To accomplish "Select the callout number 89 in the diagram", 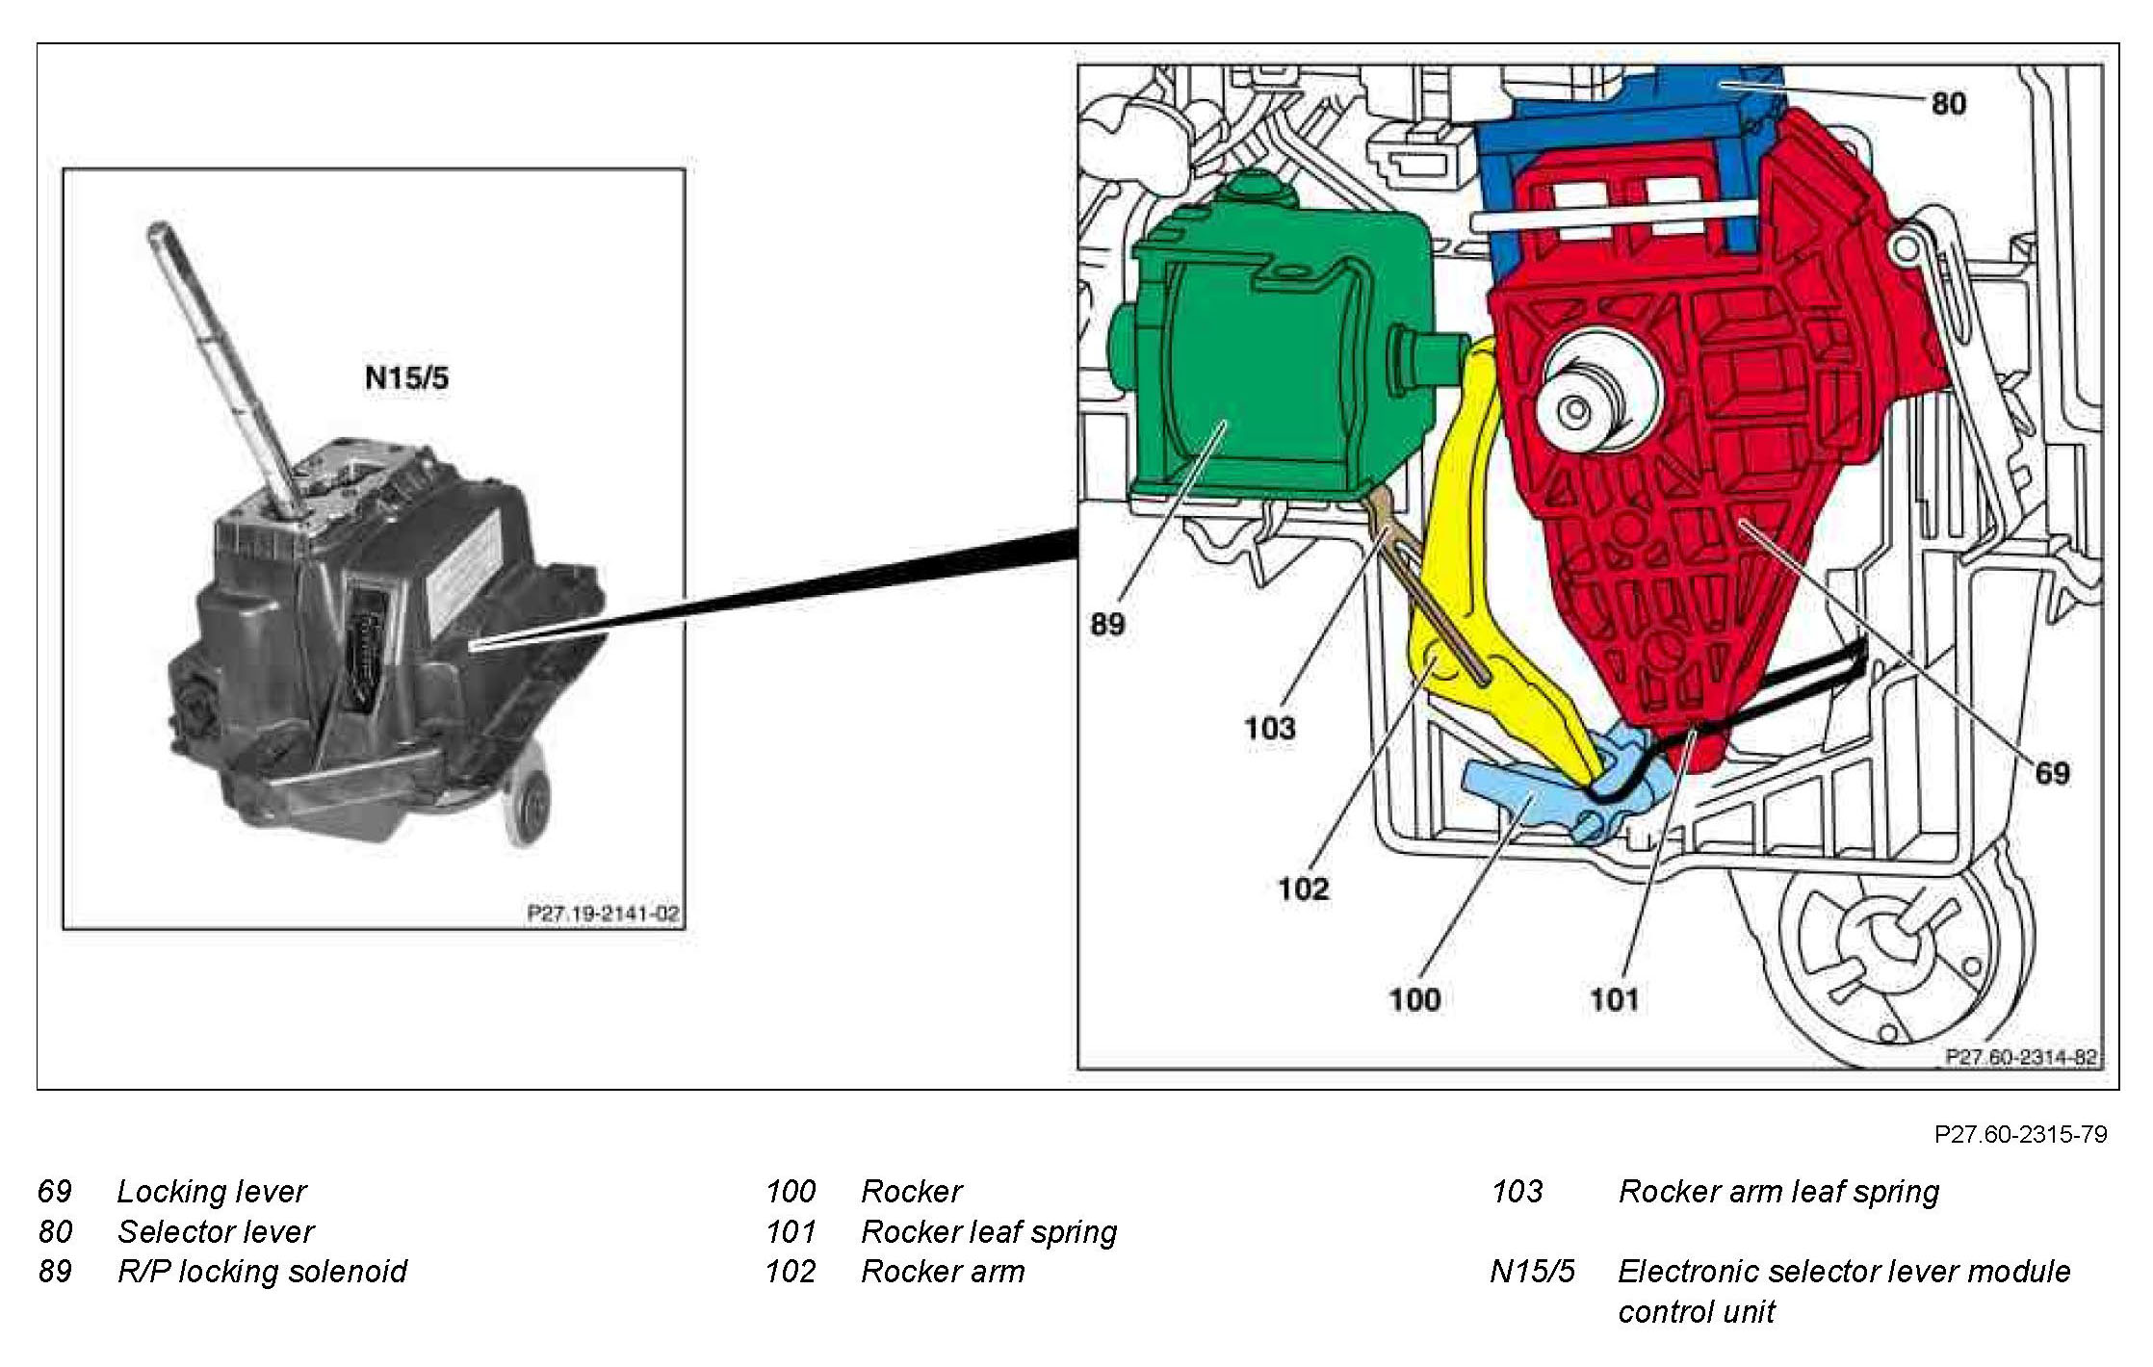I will tap(1107, 624).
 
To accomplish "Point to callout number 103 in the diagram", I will tap(1269, 728).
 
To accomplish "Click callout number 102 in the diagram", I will tap(1303, 888).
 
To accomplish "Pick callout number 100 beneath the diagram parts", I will tap(1414, 999).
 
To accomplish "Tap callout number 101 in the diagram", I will tap(1614, 999).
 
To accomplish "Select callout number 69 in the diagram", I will tap(2052, 772).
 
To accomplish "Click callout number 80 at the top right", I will tap(1948, 103).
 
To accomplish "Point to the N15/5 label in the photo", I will tap(406, 377).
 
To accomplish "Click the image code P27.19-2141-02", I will tap(603, 913).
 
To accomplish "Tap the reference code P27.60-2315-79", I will tap(2020, 1134).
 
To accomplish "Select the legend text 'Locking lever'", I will tap(211, 1192).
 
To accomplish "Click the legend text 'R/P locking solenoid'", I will tap(262, 1272).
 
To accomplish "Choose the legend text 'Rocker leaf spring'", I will tap(989, 1232).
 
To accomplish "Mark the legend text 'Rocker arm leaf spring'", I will tap(1778, 1192).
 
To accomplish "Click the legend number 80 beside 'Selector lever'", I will tap(55, 1232).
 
